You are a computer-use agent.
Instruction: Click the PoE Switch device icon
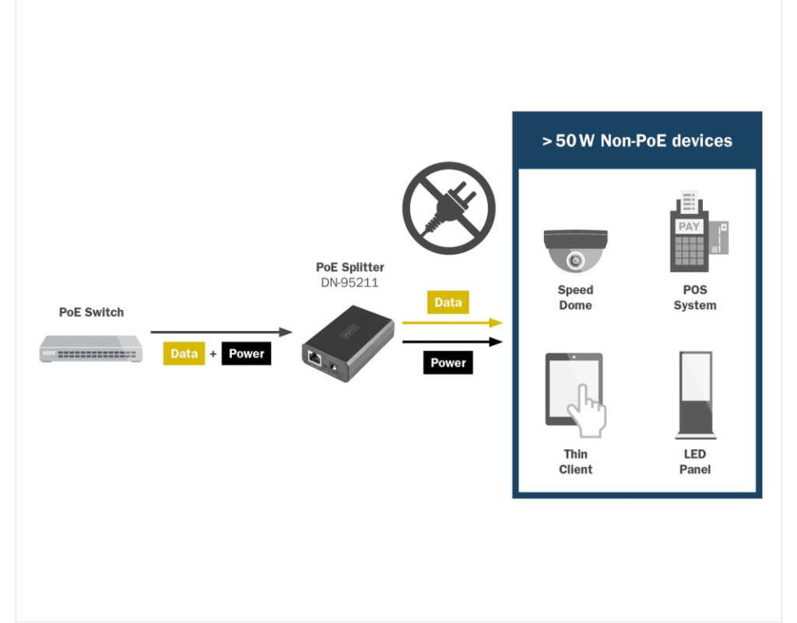tap(92, 348)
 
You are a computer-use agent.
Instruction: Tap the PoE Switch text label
tap(91, 312)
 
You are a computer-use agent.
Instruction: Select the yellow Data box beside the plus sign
tap(184, 354)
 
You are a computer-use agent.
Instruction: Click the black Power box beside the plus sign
tap(246, 354)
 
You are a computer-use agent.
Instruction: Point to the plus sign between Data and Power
tap(213, 354)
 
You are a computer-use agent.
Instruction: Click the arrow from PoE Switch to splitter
tap(221, 332)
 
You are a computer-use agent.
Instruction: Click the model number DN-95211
tap(349, 283)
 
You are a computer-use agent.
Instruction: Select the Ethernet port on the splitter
tap(315, 360)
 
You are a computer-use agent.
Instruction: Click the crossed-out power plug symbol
tap(448, 209)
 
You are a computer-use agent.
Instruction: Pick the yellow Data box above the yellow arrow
tap(448, 302)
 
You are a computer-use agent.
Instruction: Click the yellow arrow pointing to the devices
tap(452, 322)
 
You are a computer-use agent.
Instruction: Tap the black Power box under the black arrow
tap(448, 363)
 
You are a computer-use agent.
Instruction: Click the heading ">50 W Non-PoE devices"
tap(637, 141)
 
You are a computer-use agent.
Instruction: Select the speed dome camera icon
tap(575, 249)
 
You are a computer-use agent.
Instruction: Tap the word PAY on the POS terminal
tap(689, 227)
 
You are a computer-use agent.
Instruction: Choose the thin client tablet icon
tap(575, 393)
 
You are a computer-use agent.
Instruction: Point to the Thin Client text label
tap(575, 462)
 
